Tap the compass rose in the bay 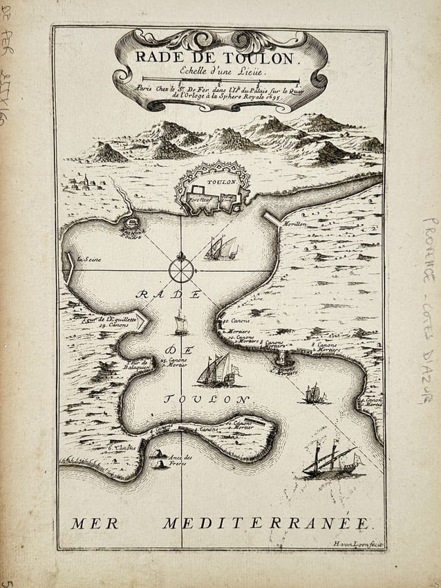[x=181, y=268]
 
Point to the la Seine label [x=88, y=259]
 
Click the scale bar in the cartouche [x=220, y=82]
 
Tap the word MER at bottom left [x=95, y=524]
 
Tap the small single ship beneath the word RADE [x=181, y=323]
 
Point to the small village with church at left [x=82, y=183]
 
